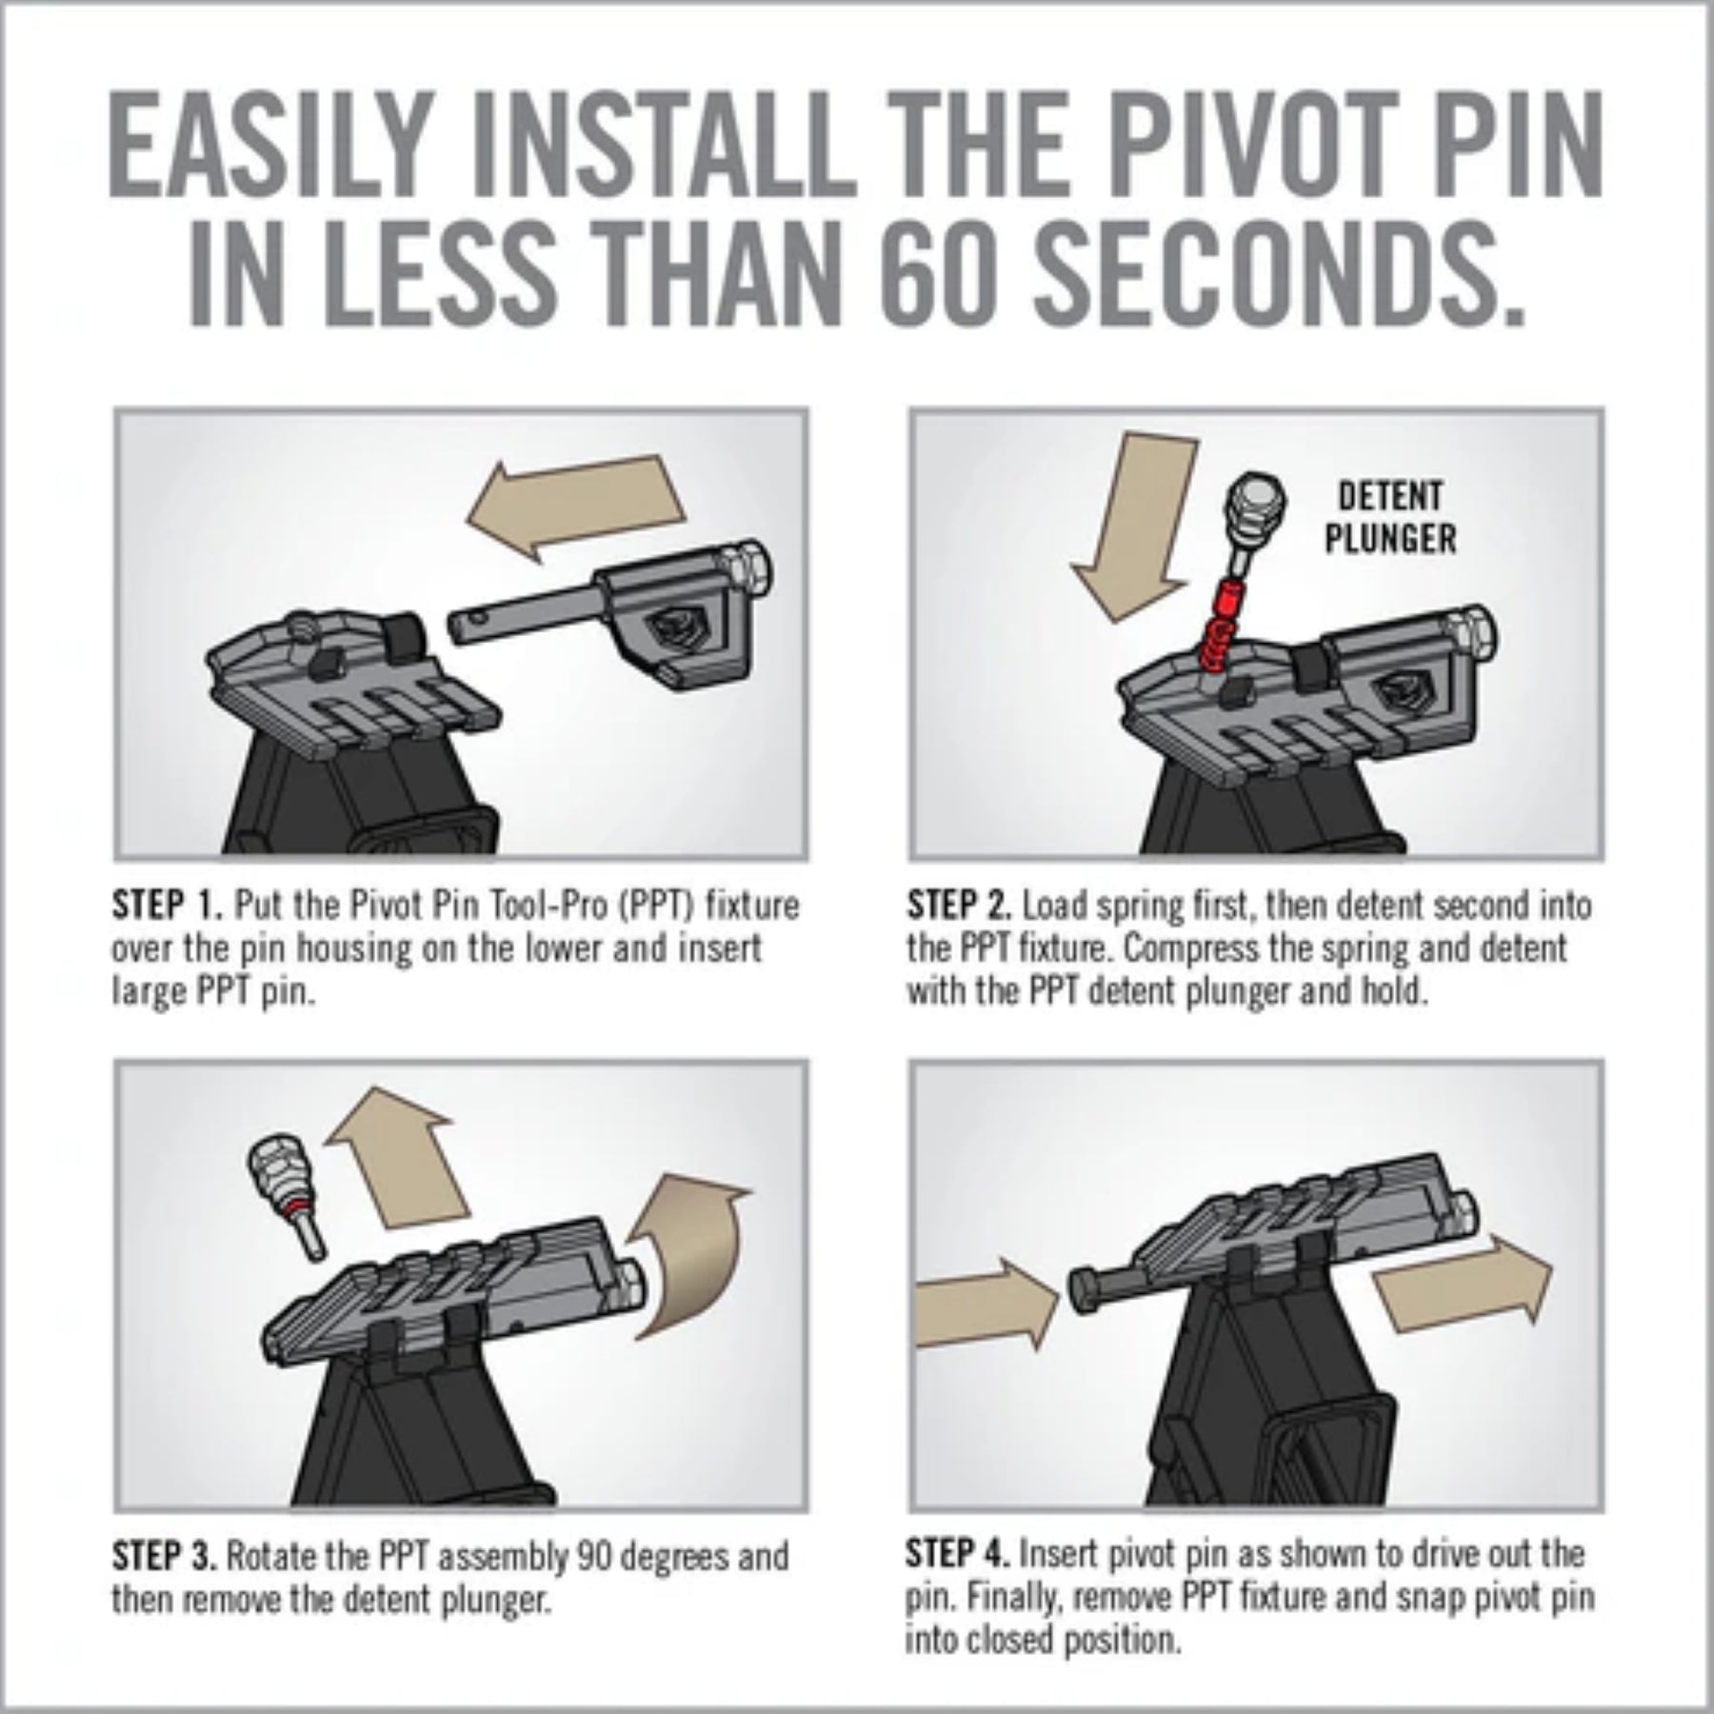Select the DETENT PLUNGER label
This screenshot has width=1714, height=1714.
(x=1389, y=518)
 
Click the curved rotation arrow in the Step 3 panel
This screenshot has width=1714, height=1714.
(x=691, y=1257)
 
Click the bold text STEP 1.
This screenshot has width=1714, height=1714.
(x=167, y=905)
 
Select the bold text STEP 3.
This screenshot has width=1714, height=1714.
(x=165, y=1556)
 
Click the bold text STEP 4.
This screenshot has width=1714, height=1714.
(x=957, y=1554)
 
